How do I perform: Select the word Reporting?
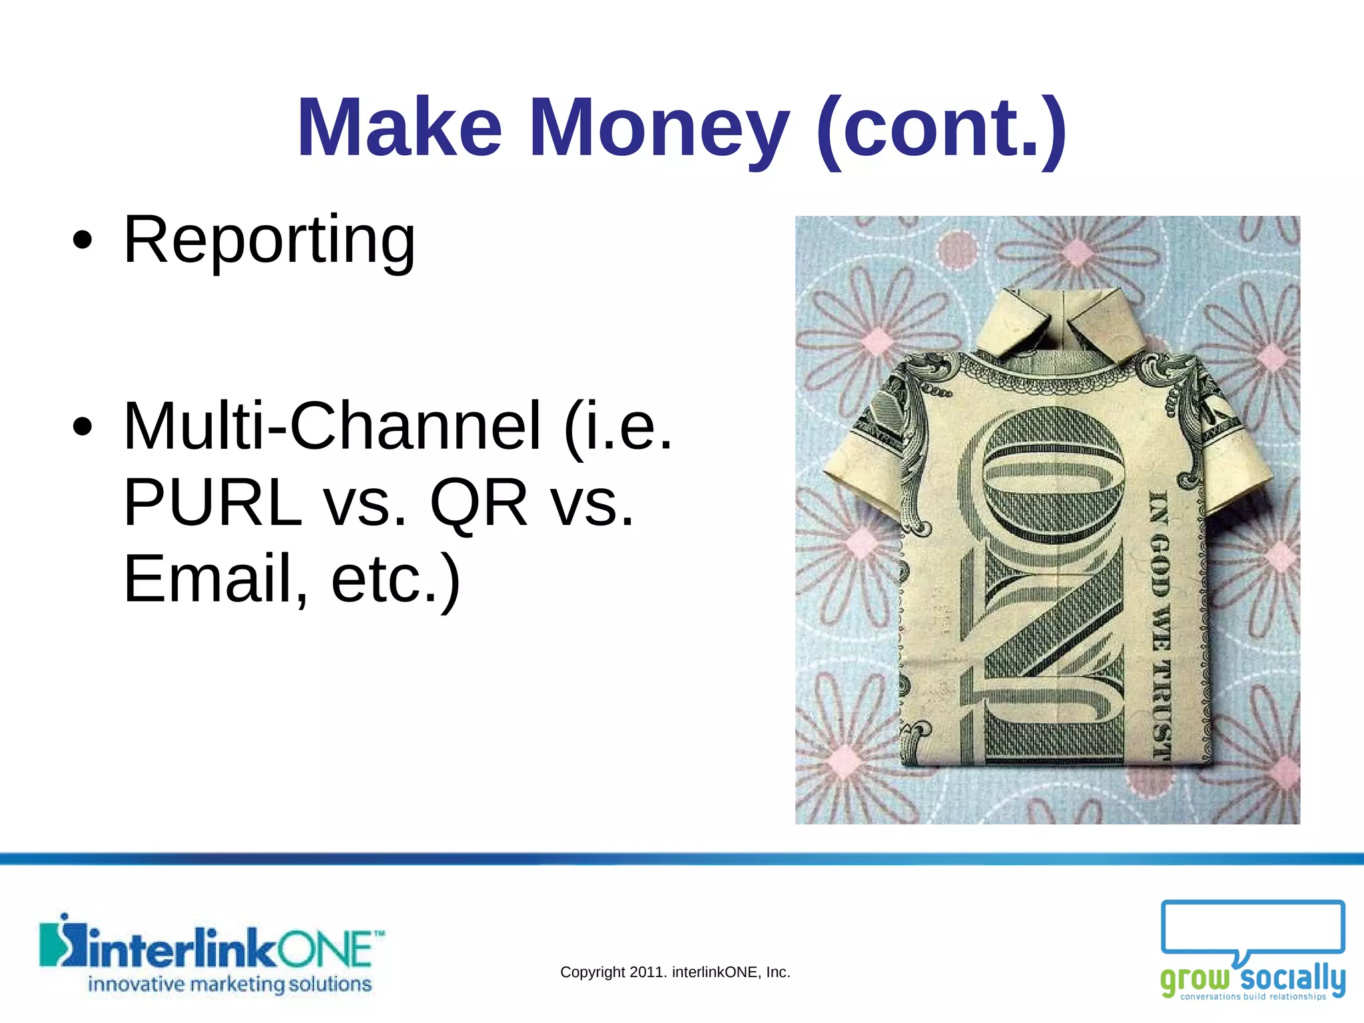(x=269, y=240)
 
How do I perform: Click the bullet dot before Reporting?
(x=82, y=240)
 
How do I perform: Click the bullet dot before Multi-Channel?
(x=82, y=428)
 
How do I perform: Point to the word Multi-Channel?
(x=332, y=426)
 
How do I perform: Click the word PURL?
(x=212, y=503)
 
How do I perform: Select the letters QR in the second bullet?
(x=479, y=503)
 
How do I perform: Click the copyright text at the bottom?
(x=675, y=972)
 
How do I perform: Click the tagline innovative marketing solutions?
(x=230, y=984)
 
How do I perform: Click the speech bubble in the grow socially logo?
(x=1252, y=928)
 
